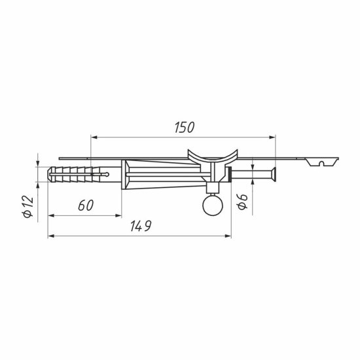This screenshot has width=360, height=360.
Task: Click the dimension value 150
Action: [x=185, y=128]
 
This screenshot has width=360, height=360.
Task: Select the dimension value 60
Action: [x=86, y=206]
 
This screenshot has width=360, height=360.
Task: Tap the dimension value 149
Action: [x=141, y=226]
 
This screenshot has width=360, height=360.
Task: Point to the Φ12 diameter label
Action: [x=28, y=206]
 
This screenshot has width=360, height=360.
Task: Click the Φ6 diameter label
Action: [x=243, y=202]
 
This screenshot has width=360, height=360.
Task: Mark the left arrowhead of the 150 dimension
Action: [x=94, y=137]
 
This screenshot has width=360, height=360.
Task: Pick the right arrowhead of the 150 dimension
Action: [x=272, y=137]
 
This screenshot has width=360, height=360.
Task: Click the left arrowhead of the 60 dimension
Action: [x=51, y=215]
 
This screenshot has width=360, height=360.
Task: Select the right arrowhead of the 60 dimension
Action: [x=118, y=215]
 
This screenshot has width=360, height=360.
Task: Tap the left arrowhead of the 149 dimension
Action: [x=51, y=236]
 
